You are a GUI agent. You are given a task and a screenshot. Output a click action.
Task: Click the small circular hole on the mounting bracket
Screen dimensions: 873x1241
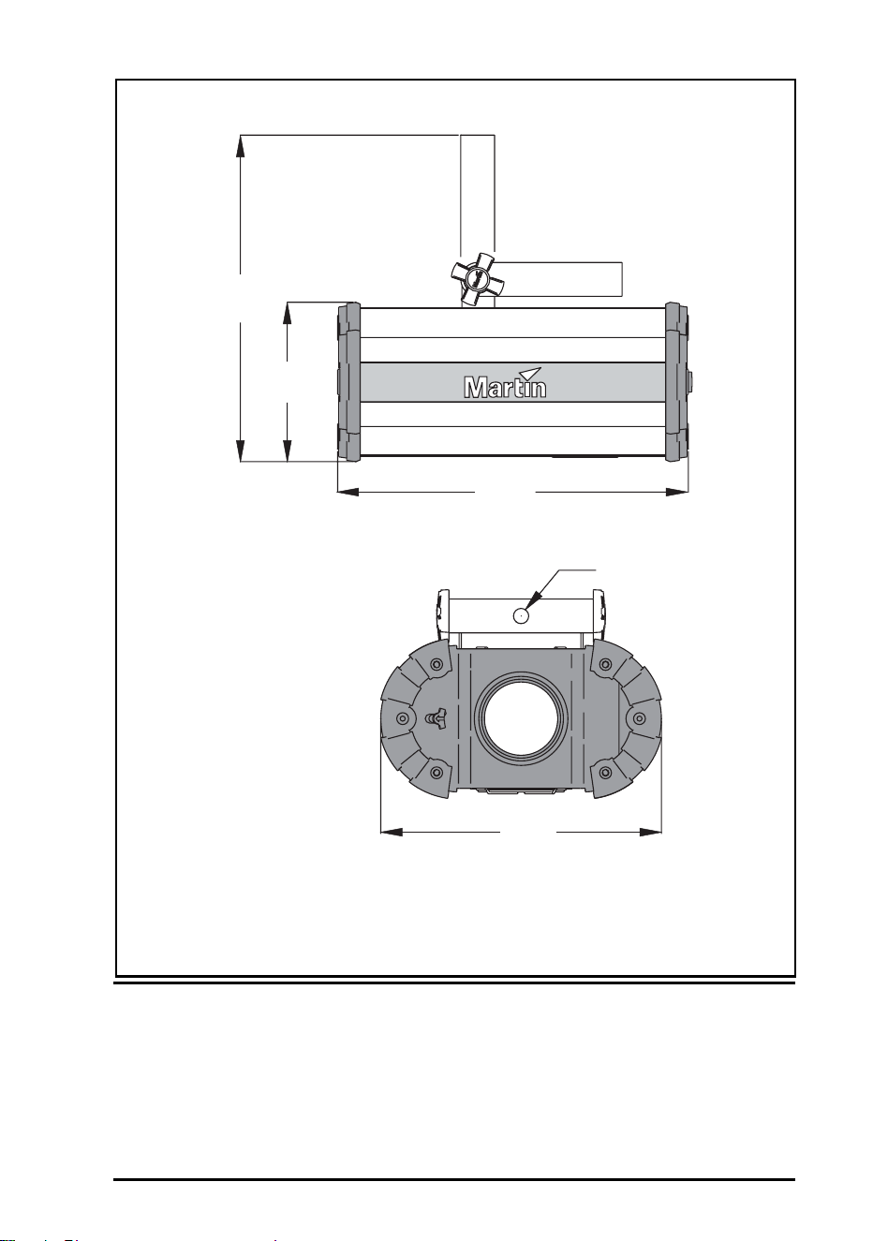(x=521, y=615)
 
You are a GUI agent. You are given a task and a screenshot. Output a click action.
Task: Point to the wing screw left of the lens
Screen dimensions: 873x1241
(x=436, y=719)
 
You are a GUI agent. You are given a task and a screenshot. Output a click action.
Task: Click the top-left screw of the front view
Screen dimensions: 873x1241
(x=436, y=664)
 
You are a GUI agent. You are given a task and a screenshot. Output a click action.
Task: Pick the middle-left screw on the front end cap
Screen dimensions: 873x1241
(x=403, y=719)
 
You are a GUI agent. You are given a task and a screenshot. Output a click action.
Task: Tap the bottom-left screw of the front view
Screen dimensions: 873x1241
(x=436, y=773)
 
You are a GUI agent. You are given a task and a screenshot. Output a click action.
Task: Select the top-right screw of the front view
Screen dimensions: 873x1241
(x=605, y=664)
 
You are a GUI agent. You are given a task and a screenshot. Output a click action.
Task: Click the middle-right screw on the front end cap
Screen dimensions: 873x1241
(x=639, y=718)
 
